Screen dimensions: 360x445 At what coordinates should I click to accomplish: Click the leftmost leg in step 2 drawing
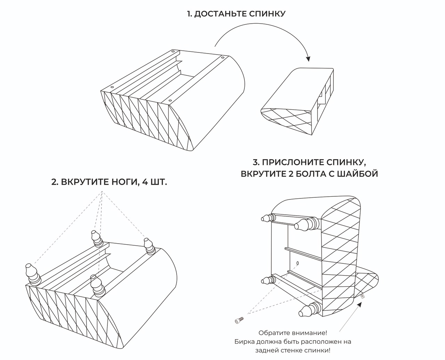click(x=32, y=275)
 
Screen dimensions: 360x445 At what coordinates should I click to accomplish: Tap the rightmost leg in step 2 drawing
click(x=149, y=246)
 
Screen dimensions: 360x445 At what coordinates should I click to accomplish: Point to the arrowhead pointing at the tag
click(x=360, y=304)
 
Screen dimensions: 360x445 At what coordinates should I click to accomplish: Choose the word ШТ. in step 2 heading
click(x=159, y=182)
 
